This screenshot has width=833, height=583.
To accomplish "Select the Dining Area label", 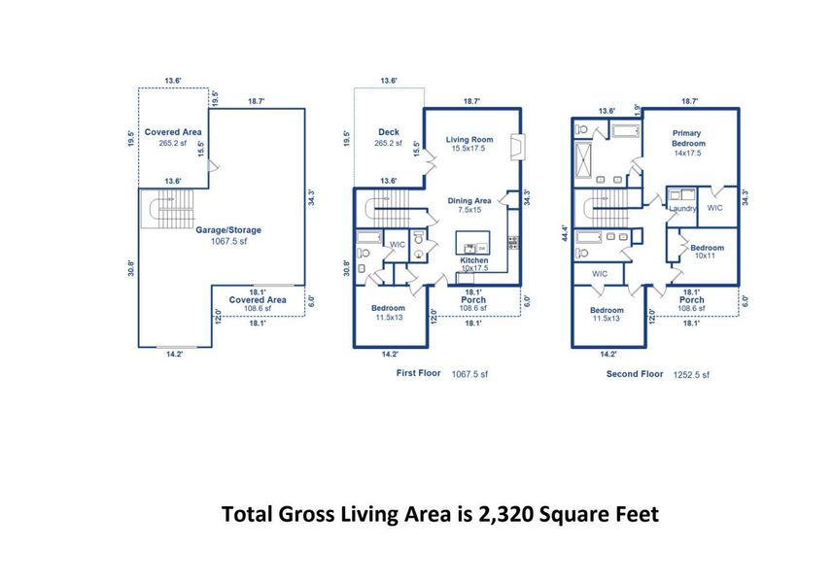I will [469, 201].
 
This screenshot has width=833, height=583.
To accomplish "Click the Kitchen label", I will [474, 261].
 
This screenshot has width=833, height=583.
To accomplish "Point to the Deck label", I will [388, 132].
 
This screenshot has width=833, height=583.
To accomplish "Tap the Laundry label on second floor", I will [680, 208].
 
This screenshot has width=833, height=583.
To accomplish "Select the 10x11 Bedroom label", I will [707, 248].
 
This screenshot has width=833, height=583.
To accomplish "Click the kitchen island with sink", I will [474, 243].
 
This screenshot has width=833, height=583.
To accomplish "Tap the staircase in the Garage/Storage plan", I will [157, 207].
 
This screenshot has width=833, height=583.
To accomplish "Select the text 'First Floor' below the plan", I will [420, 373].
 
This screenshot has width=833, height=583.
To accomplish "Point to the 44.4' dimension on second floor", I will [563, 233].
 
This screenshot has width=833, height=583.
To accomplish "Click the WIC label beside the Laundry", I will [714, 208].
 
